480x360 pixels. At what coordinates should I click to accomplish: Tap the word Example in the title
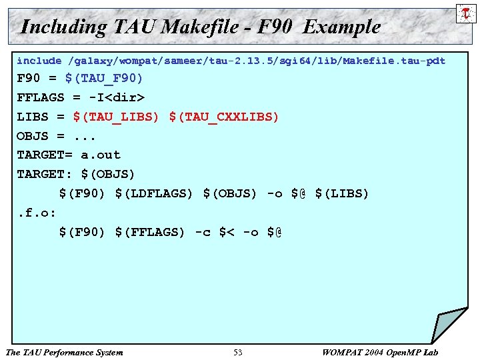pos(341,27)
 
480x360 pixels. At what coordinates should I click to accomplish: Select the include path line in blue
pos(231,61)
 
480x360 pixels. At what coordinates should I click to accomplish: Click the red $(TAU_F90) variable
pos(104,79)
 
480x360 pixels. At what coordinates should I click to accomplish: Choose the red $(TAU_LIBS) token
pos(116,117)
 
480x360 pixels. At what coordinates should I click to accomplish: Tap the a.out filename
pos(101,155)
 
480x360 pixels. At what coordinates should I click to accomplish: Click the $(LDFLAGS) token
pos(153,193)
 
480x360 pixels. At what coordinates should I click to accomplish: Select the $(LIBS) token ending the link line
pos(341,193)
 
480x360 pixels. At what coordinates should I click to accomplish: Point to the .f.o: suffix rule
pos(37,213)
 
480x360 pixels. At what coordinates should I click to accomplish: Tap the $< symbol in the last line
pos(227,232)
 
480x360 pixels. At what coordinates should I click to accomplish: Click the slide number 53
pos(238,352)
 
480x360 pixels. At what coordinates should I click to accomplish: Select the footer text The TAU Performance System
pos(64,352)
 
